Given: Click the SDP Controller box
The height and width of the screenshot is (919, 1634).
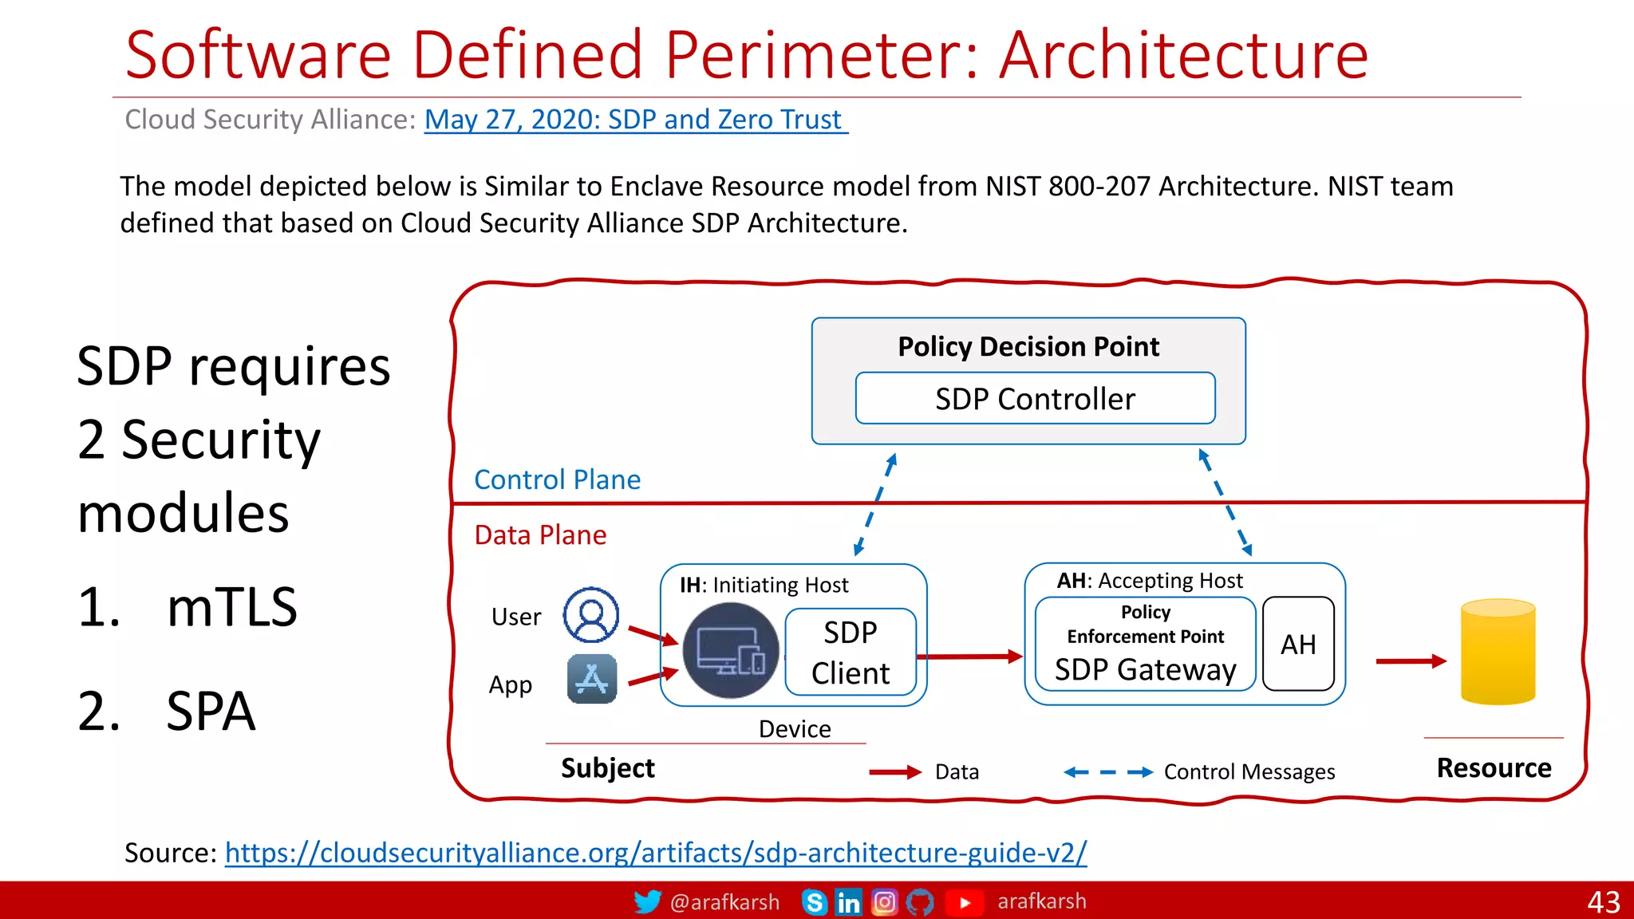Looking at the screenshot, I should click(1035, 398).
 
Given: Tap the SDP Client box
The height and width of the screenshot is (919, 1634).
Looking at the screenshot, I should click(851, 653).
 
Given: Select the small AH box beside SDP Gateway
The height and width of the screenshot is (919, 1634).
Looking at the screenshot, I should click(1298, 644).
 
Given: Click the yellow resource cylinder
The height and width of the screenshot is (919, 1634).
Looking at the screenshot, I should click(1498, 653).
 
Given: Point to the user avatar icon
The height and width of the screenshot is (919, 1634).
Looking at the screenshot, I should click(591, 615).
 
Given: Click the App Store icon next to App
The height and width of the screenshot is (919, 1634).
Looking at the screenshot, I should click(592, 679).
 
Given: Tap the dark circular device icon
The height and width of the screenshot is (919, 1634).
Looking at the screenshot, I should click(731, 650).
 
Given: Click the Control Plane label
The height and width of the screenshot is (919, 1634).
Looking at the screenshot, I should click(557, 479).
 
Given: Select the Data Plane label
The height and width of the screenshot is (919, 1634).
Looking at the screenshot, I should click(540, 534).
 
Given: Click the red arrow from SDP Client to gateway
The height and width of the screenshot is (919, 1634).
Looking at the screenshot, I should click(969, 657).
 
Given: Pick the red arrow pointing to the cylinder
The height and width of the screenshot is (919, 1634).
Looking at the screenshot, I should click(1411, 661).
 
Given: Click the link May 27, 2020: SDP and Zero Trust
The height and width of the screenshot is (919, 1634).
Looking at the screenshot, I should click(635, 120).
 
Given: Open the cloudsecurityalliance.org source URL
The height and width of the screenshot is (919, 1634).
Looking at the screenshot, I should click(655, 853).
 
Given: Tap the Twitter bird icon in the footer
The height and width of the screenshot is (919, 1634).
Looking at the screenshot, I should click(647, 901).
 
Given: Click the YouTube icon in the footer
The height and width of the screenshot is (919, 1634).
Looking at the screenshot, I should click(964, 902).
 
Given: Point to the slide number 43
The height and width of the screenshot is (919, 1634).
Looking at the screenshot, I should click(1603, 902).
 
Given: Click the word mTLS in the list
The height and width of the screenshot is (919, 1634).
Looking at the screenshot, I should click(231, 607).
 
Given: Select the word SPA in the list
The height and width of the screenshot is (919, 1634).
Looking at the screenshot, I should click(211, 711).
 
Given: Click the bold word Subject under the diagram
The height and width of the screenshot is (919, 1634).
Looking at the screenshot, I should click(607, 768).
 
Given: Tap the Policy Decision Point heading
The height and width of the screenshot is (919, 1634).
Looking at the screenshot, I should click(1028, 346).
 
